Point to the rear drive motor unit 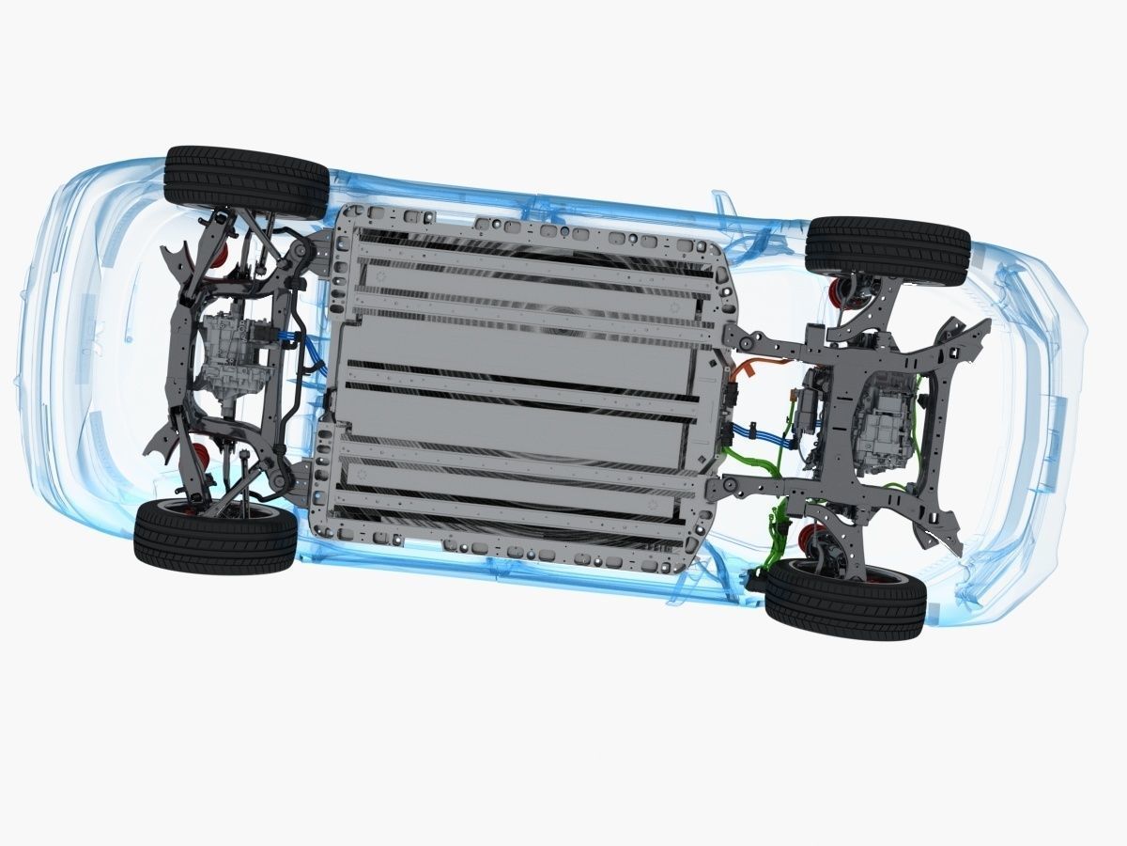tap(230, 352)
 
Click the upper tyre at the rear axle tap(246, 181)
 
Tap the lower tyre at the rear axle tap(215, 538)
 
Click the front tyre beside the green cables tap(845, 599)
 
